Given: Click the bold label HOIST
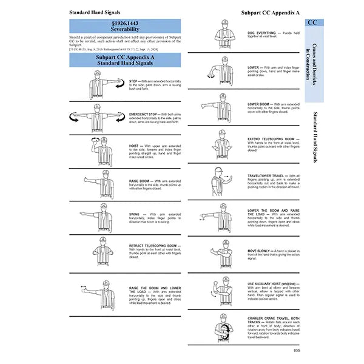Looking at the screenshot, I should [134, 146].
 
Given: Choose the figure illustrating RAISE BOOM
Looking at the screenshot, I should [96, 183].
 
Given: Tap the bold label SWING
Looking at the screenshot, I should [134, 214].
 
